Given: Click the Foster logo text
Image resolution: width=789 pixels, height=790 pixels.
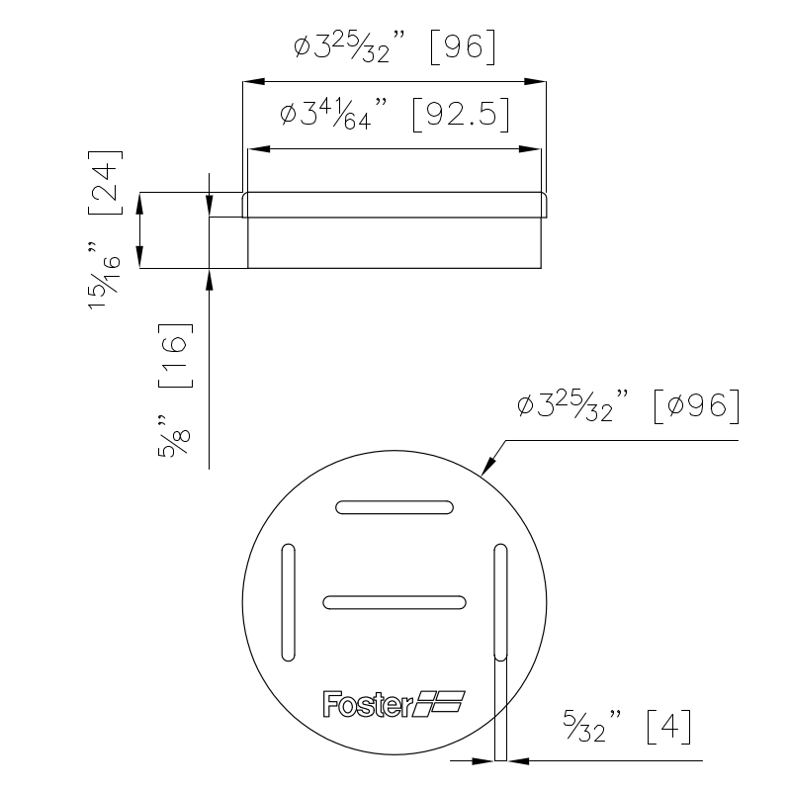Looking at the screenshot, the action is tap(368, 704).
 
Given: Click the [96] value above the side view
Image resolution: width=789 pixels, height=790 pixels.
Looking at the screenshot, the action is tap(463, 47).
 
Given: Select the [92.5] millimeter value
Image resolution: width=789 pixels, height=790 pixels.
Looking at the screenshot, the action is tap(461, 115).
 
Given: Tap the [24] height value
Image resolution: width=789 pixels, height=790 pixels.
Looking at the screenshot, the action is tap(106, 182).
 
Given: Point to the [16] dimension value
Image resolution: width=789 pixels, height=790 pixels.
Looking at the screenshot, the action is tap(175, 355).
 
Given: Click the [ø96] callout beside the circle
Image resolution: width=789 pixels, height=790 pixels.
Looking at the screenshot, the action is tap(696, 406).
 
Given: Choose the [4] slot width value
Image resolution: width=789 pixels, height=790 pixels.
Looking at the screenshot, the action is tap(669, 727).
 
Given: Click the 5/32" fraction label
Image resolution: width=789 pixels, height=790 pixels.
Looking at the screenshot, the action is tap(592, 726).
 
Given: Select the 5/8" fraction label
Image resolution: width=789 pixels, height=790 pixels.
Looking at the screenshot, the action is tap(174, 436).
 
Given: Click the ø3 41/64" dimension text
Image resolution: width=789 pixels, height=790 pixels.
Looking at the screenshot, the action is tap(334, 114).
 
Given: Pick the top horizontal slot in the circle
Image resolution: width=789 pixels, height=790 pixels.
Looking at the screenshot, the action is tap(394, 507).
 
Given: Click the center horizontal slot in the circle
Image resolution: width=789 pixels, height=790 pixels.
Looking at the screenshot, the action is tap(394, 602).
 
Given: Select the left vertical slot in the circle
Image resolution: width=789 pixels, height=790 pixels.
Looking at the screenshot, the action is tap(288, 602).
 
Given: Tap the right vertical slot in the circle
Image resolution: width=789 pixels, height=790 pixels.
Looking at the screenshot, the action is tap(500, 602).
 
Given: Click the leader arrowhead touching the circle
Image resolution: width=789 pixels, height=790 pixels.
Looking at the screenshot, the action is tap(488, 465).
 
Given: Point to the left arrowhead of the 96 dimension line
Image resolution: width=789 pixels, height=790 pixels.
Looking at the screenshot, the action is tap(254, 82).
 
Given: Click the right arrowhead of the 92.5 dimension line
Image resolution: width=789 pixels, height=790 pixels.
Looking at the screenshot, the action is tap(530, 149).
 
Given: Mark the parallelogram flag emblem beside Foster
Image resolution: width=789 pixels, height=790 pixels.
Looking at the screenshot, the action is tap(439, 704).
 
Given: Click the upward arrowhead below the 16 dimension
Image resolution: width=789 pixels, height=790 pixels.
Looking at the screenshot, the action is tap(209, 280).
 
